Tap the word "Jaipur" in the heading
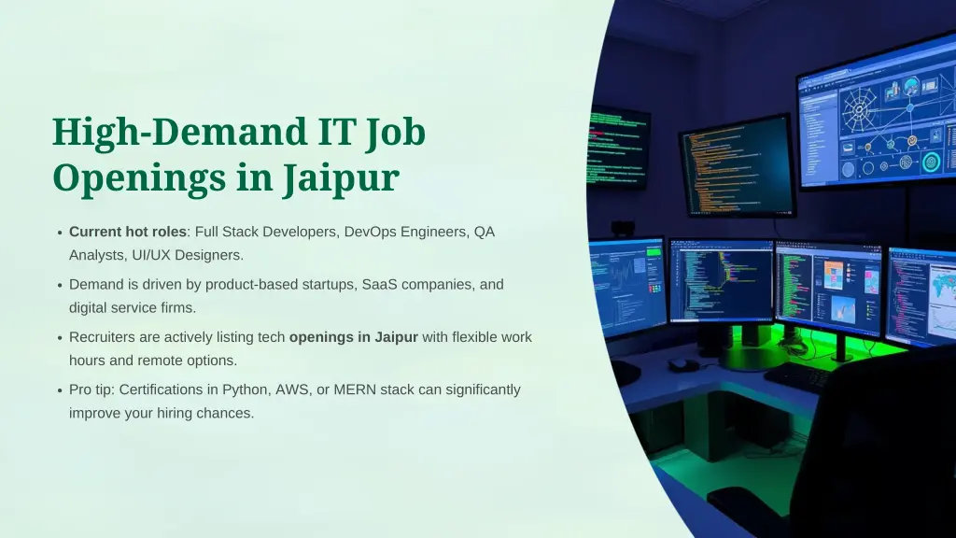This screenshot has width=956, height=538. coord(341,177)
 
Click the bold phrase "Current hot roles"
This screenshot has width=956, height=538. coord(128,232)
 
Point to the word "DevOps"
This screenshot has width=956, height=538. coord(371,232)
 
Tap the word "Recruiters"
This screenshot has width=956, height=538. coord(103,336)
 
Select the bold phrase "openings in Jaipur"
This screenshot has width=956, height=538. coord(353,336)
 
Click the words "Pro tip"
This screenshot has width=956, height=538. coord(91,389)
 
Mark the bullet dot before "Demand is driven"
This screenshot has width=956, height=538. coord(59,286)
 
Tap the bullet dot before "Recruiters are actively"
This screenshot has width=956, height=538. coord(59,338)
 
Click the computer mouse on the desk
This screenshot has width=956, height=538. coord(682,363)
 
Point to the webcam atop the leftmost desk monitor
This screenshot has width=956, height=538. coord(622,227)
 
